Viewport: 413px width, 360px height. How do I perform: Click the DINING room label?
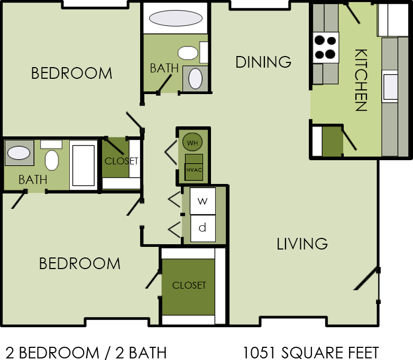tap(263, 62)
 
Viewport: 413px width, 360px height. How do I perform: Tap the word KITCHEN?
tap(361, 80)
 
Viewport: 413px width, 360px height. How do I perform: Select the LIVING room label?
tap(302, 244)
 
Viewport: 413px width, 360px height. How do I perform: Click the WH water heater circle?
tap(192, 142)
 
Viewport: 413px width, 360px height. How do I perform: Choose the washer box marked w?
tap(203, 201)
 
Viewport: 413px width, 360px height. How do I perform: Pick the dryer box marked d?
tap(203, 228)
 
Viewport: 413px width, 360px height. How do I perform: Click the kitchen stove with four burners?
tap(325, 47)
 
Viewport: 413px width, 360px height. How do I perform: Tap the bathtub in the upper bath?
tap(175, 19)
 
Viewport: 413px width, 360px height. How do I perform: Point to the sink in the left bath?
tap(20, 153)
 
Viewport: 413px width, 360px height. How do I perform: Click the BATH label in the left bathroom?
tap(33, 180)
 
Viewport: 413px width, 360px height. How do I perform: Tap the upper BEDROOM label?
tap(71, 73)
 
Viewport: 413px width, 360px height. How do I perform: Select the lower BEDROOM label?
tap(79, 263)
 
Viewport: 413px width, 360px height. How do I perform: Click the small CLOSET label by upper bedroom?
tap(121, 161)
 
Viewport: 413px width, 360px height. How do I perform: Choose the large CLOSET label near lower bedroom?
tap(189, 285)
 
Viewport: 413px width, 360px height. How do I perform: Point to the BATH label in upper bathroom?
tap(164, 68)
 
